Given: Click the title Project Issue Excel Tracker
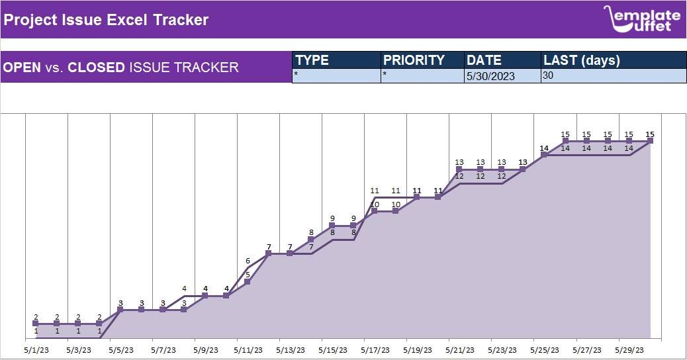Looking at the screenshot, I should [x=106, y=20].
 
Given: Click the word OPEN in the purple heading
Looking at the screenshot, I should [x=22, y=67].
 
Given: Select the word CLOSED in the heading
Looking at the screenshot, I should [x=96, y=67].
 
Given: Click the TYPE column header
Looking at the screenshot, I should [x=312, y=60].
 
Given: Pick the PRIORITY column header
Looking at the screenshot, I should [x=414, y=60].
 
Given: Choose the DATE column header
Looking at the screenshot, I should [x=484, y=60].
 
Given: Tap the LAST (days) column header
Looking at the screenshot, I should [x=582, y=60].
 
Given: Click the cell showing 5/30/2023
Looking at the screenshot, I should [x=491, y=76].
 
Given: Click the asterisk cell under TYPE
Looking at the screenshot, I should [x=336, y=75].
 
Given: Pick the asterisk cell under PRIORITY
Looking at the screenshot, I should [x=423, y=75].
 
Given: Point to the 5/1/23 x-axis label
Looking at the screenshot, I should [x=36, y=350].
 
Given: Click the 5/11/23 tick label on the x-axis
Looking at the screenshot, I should [x=248, y=350].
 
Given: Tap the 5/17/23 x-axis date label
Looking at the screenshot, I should [x=375, y=350].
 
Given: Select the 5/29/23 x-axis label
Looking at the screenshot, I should [x=629, y=350].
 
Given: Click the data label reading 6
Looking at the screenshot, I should [x=248, y=261].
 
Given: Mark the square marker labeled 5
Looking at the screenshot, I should [x=248, y=282].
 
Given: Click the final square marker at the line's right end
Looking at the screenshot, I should [x=650, y=140].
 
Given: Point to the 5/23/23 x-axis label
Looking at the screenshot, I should [x=502, y=350].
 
